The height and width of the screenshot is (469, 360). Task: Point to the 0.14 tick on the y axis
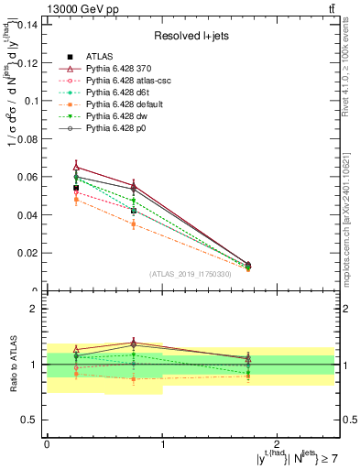pyautogui.click(x=27, y=25)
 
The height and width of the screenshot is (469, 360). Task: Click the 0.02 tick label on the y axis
pyautogui.click(x=27, y=253)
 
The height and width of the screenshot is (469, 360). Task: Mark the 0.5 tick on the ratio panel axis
pyautogui.click(x=30, y=420)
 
